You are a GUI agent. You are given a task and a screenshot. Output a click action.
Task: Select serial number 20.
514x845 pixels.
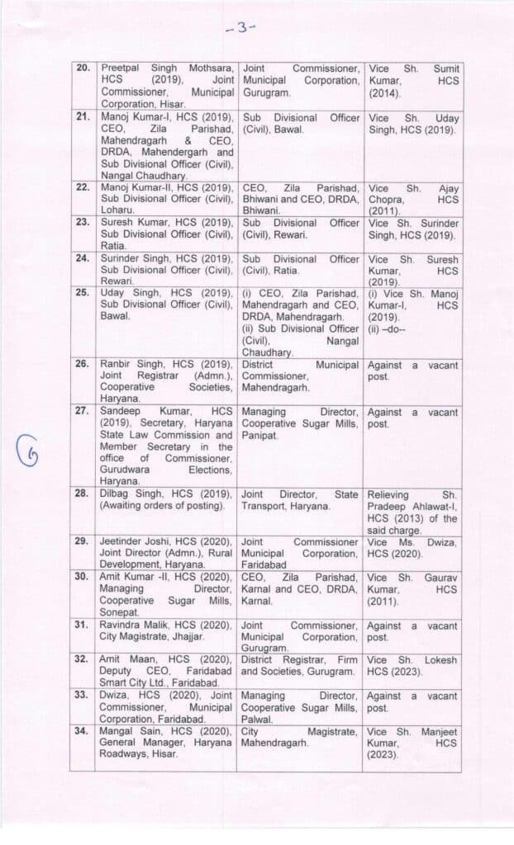pos(84,68)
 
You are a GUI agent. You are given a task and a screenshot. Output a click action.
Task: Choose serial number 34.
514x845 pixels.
pos(84,732)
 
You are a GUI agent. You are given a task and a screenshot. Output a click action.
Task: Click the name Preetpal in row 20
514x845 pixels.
pos(121,68)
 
